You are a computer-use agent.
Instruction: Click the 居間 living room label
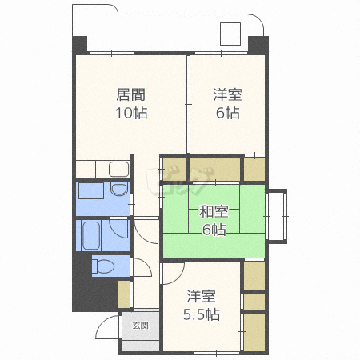coord(131,94)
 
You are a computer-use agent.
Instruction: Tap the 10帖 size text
coord(131,113)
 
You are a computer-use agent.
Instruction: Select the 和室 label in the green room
coord(214,212)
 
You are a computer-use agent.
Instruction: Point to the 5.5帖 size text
coord(202,314)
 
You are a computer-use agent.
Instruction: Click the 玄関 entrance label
coord(141,326)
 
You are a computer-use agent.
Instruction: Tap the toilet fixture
coord(103,266)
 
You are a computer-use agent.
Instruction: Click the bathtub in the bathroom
coord(91,235)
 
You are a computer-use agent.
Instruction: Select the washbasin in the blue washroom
coord(119,189)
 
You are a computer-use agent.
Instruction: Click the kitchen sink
coord(118,170)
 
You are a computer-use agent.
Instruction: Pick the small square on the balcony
coord(230,34)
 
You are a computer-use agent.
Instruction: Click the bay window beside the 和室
coord(276,216)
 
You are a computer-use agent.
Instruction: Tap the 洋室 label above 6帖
coord(227,94)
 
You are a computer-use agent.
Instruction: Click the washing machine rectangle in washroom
coord(91,190)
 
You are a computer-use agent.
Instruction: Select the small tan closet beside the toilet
coord(124,294)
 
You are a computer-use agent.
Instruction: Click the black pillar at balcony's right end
coord(258,46)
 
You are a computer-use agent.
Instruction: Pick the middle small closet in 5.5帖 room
coord(254,302)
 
